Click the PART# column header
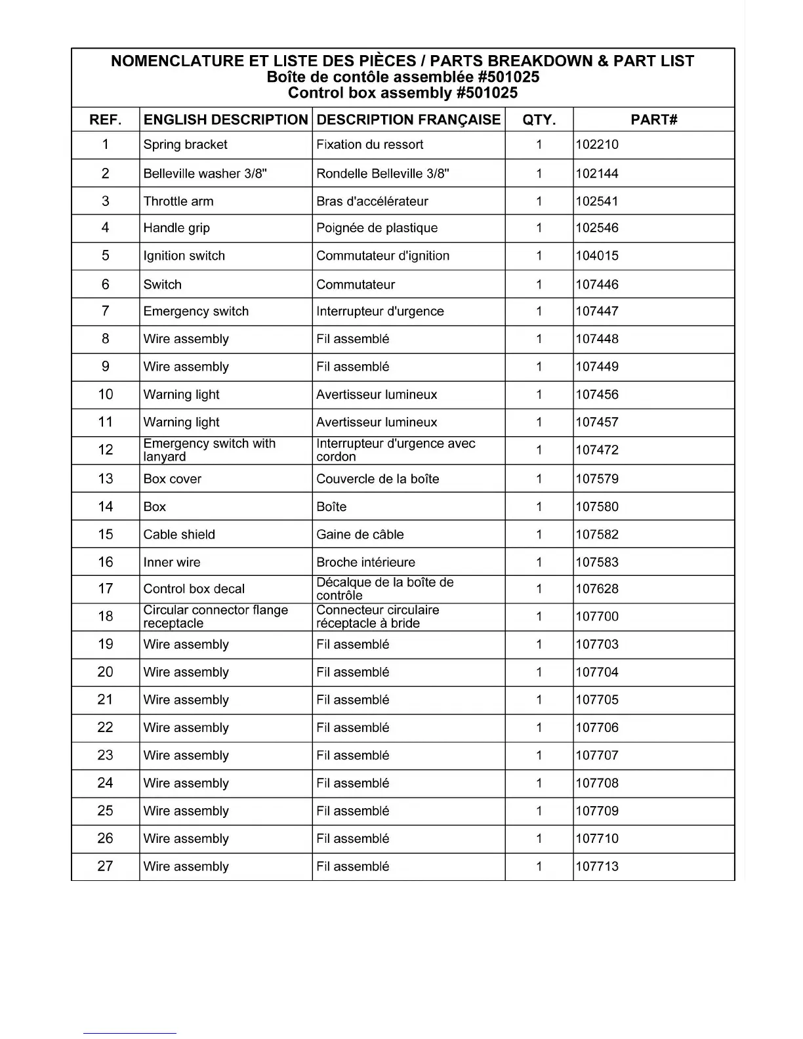[x=653, y=119]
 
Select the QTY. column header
[x=539, y=119]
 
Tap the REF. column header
[x=106, y=119]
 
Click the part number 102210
[x=597, y=145]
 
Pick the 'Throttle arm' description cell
[x=178, y=201]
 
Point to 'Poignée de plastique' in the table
[x=377, y=228]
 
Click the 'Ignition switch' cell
[x=184, y=256]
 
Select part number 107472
[x=597, y=450]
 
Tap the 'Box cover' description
[x=173, y=479]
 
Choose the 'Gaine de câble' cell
[x=360, y=535]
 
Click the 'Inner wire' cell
[x=172, y=562]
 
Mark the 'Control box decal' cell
[x=194, y=589]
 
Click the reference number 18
[x=106, y=617]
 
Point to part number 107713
[x=597, y=866]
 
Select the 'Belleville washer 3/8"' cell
[x=205, y=174]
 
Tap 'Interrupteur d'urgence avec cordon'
[x=396, y=450]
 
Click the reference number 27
[x=106, y=866]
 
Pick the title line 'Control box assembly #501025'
[x=402, y=93]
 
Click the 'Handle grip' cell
[x=176, y=228]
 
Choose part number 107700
[x=597, y=617]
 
